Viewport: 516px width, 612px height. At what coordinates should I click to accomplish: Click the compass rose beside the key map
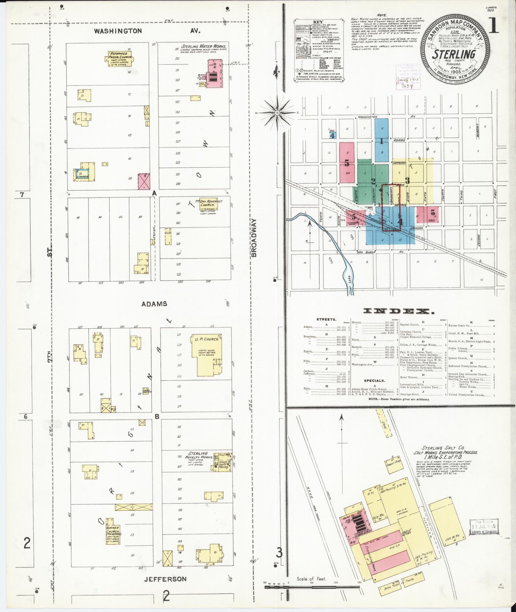pyautogui.click(x=277, y=113)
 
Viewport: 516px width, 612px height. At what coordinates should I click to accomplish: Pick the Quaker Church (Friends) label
pyautogui.click(x=114, y=534)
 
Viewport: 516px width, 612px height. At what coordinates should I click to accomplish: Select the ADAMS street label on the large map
pyautogui.click(x=155, y=304)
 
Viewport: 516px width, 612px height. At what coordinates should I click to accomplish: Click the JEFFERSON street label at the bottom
pyautogui.click(x=165, y=579)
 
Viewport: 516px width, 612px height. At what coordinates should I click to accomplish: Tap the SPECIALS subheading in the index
pyautogui.click(x=374, y=381)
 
